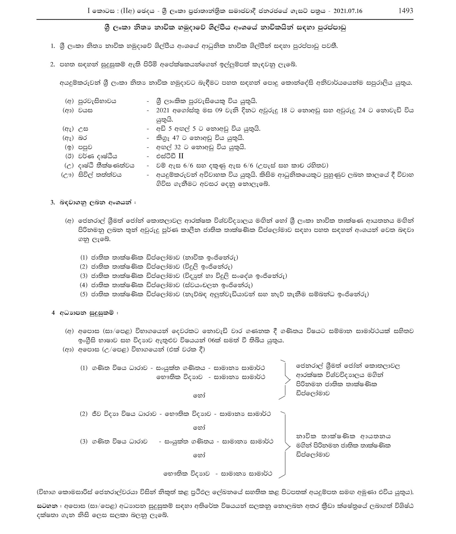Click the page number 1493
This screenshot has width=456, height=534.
[x=406, y=11]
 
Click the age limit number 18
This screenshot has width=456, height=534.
[x=284, y=110]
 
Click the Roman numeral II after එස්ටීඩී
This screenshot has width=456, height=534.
[x=181, y=156]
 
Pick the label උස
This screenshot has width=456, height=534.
[x=83, y=129]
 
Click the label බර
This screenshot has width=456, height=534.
[x=83, y=138]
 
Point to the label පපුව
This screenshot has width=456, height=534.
[x=86, y=147]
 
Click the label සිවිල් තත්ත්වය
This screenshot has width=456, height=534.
[x=100, y=175]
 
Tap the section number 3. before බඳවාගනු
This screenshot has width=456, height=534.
[x=53, y=202]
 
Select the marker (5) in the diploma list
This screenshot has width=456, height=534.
[x=84, y=294]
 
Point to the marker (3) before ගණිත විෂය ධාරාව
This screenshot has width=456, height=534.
[x=84, y=442]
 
